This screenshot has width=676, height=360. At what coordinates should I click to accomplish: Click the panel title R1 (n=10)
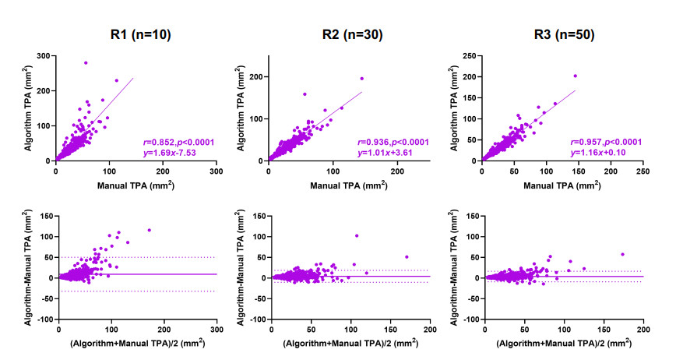point(139,34)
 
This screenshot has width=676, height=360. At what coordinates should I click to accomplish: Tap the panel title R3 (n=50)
point(564,34)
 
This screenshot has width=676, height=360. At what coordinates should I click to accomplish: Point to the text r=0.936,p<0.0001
point(394,142)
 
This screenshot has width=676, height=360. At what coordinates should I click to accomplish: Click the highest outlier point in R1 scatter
point(86,62)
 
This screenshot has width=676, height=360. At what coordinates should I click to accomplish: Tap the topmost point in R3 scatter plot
point(575,76)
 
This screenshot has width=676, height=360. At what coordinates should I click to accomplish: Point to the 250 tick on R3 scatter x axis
point(643,170)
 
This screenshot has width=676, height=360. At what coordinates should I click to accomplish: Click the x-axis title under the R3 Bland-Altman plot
point(564,343)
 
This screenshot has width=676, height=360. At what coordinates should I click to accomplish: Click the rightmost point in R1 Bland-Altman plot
point(150,230)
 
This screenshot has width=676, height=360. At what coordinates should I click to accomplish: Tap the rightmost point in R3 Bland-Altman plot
point(622,254)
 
